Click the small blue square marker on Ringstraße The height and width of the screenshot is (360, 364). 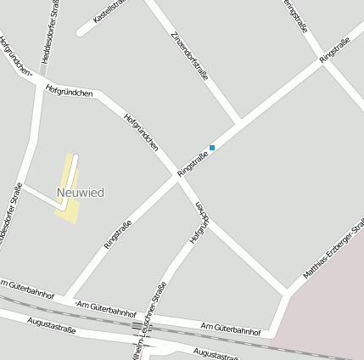[x=212, y=148]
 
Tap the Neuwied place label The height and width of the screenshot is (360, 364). [x=81, y=193]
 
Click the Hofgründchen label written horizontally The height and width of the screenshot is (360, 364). [x=69, y=89]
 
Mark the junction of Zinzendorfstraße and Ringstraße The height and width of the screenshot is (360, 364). [x=240, y=121]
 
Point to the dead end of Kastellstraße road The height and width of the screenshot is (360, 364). [x=81, y=33]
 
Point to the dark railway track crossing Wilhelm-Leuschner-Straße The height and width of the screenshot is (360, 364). [x=138, y=326]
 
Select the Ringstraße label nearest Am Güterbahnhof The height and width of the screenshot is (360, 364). [x=117, y=233]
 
